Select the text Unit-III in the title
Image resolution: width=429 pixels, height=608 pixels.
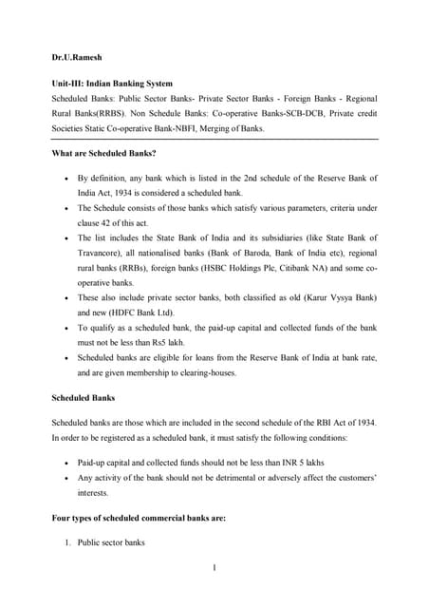click(67, 84)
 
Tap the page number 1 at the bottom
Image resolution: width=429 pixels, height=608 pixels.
click(214, 568)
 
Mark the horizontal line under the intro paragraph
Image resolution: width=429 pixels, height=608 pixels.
click(214, 140)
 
